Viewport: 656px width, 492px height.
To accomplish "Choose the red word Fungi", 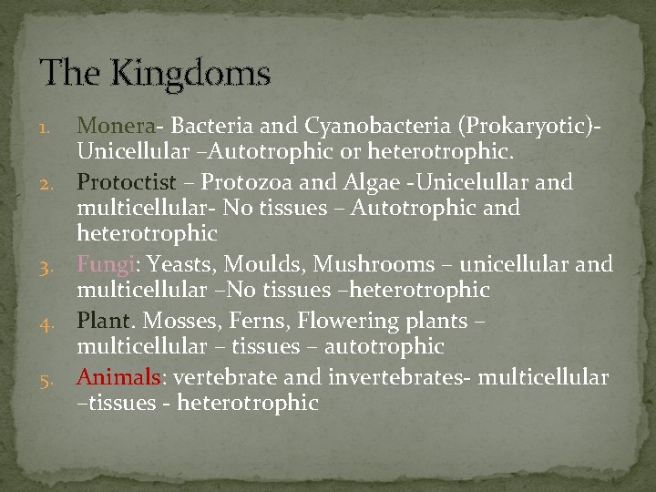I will click(x=106, y=264).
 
